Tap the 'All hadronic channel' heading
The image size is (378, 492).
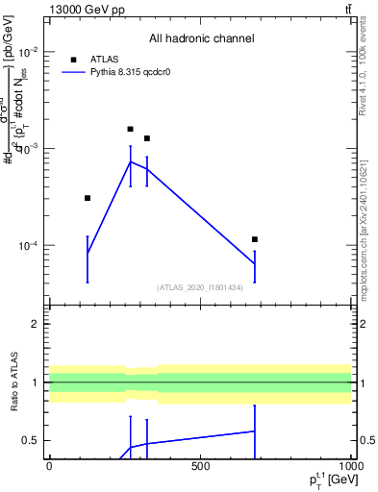coord(201,39)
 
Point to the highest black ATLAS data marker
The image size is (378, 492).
coord(131,129)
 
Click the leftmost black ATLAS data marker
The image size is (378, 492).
coord(88,198)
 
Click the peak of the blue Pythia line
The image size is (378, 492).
coord(131,161)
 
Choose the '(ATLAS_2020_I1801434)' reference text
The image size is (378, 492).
coord(200,287)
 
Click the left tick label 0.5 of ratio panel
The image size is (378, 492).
coord(30,440)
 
